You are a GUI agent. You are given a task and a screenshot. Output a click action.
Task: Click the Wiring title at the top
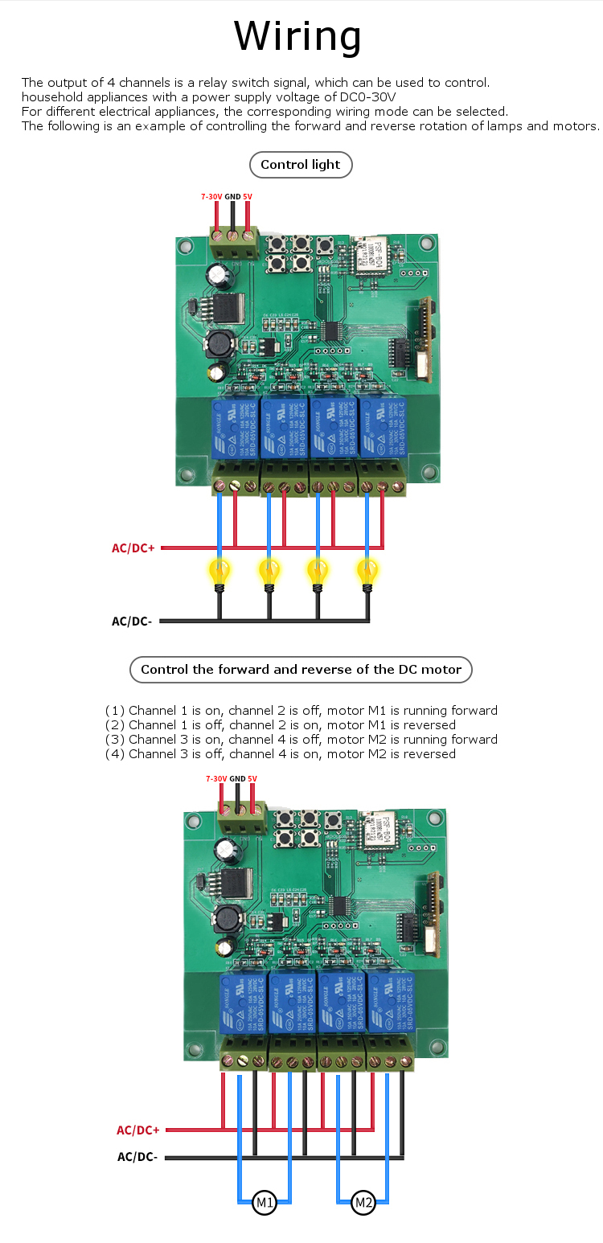(298, 36)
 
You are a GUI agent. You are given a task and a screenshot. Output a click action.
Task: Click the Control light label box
(301, 165)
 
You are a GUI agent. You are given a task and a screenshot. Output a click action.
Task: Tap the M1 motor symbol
(265, 1203)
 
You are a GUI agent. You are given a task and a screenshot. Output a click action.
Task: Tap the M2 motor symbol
(363, 1203)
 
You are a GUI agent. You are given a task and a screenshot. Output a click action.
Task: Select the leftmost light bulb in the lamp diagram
(219, 572)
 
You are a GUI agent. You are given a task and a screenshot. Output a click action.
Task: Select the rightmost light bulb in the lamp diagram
(367, 572)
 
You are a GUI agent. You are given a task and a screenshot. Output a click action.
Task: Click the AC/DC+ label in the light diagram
(133, 548)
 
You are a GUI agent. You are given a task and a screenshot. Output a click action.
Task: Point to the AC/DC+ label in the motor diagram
(138, 1130)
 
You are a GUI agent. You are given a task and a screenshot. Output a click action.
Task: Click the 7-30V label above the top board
(211, 196)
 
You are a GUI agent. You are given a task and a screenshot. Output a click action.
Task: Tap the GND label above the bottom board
(237, 778)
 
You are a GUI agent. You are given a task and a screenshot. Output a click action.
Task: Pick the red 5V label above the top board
(248, 196)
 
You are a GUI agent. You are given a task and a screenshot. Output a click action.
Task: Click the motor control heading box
(301, 669)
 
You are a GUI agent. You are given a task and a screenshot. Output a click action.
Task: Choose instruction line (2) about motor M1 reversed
(280, 725)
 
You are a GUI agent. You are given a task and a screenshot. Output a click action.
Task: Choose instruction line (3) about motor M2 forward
(301, 740)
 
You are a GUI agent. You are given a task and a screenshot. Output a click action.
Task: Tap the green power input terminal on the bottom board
(242, 823)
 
